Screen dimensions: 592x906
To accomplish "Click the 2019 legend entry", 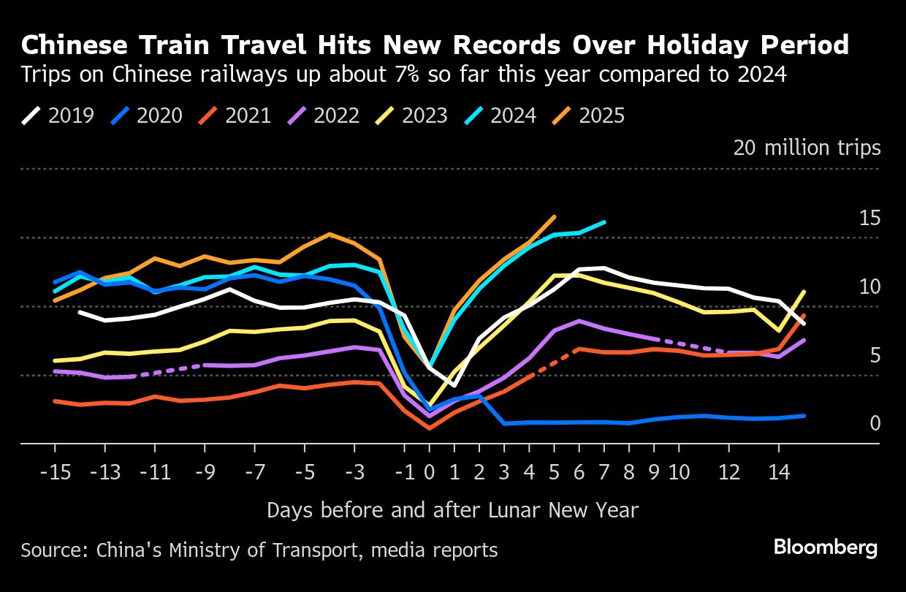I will [58, 115].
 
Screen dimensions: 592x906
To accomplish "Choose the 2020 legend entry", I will [146, 115].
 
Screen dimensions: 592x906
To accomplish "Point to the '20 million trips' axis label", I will [807, 148].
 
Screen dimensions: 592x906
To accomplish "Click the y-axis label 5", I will [874, 356].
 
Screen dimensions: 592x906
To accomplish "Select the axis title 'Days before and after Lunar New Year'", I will [452, 509].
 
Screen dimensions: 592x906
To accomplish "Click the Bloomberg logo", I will [826, 547].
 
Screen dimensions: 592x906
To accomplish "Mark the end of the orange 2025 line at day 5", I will [555, 216].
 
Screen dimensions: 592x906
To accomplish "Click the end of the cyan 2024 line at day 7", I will [605, 221].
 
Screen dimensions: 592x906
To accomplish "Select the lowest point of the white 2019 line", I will [454, 385].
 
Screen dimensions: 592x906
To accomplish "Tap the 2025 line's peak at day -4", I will [330, 234].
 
